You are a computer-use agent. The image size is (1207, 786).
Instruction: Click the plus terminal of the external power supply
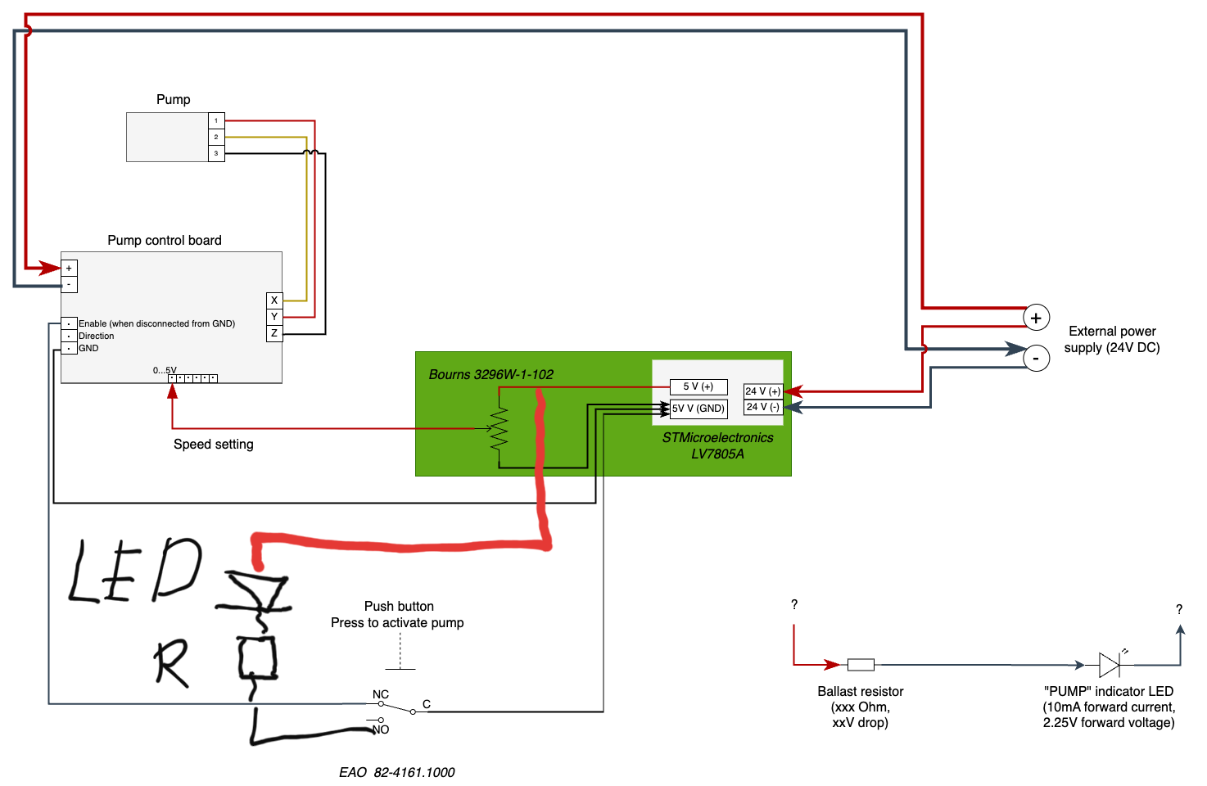[x=1036, y=318]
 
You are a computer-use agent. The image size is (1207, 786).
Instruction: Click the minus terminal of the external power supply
[x=1036, y=358]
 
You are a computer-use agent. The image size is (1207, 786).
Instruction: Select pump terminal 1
[x=216, y=120]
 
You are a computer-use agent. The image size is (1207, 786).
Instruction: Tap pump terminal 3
[x=216, y=153]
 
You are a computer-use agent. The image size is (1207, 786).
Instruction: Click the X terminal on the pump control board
[x=274, y=300]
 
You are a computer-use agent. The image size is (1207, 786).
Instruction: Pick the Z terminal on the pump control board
[x=274, y=333]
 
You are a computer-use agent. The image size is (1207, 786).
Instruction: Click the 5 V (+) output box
[x=698, y=386]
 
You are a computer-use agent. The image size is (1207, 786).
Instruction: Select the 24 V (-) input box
[x=762, y=407]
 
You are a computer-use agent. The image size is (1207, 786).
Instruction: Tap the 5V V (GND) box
[x=698, y=408]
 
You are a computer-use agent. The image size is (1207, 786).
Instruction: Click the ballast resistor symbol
[x=861, y=665]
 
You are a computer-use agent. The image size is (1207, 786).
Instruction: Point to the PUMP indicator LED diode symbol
[x=1110, y=664]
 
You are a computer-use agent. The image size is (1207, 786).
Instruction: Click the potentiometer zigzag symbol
[x=499, y=428]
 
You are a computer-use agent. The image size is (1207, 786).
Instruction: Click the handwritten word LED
[x=135, y=571]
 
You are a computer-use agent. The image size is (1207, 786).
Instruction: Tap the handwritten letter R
[x=171, y=662]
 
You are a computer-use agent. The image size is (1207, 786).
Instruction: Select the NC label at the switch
[x=381, y=694]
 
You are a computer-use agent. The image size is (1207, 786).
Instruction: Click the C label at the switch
[x=427, y=704]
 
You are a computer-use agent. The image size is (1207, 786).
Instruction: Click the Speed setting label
[x=214, y=444]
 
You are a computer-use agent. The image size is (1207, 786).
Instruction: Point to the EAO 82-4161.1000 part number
[x=397, y=772]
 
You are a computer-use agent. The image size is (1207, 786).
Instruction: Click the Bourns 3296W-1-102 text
[x=491, y=374]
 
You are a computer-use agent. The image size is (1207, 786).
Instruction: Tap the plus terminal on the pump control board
[x=69, y=268]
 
